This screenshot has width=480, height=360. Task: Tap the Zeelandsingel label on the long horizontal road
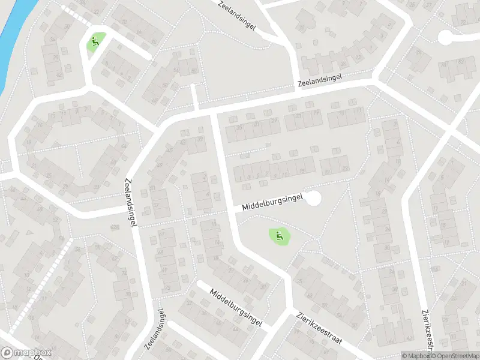coord(320,80)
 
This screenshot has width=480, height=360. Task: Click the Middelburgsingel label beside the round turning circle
coord(273,201)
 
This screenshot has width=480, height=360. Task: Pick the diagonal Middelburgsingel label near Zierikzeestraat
coord(236,307)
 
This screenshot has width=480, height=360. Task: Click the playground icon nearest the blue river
coord(94,42)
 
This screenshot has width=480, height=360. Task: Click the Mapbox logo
coord(26,353)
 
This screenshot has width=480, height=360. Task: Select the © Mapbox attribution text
coord(416,356)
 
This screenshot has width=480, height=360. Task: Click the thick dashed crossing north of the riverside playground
coord(75,16)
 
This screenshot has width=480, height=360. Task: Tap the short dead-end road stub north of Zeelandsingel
coord(194,96)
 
